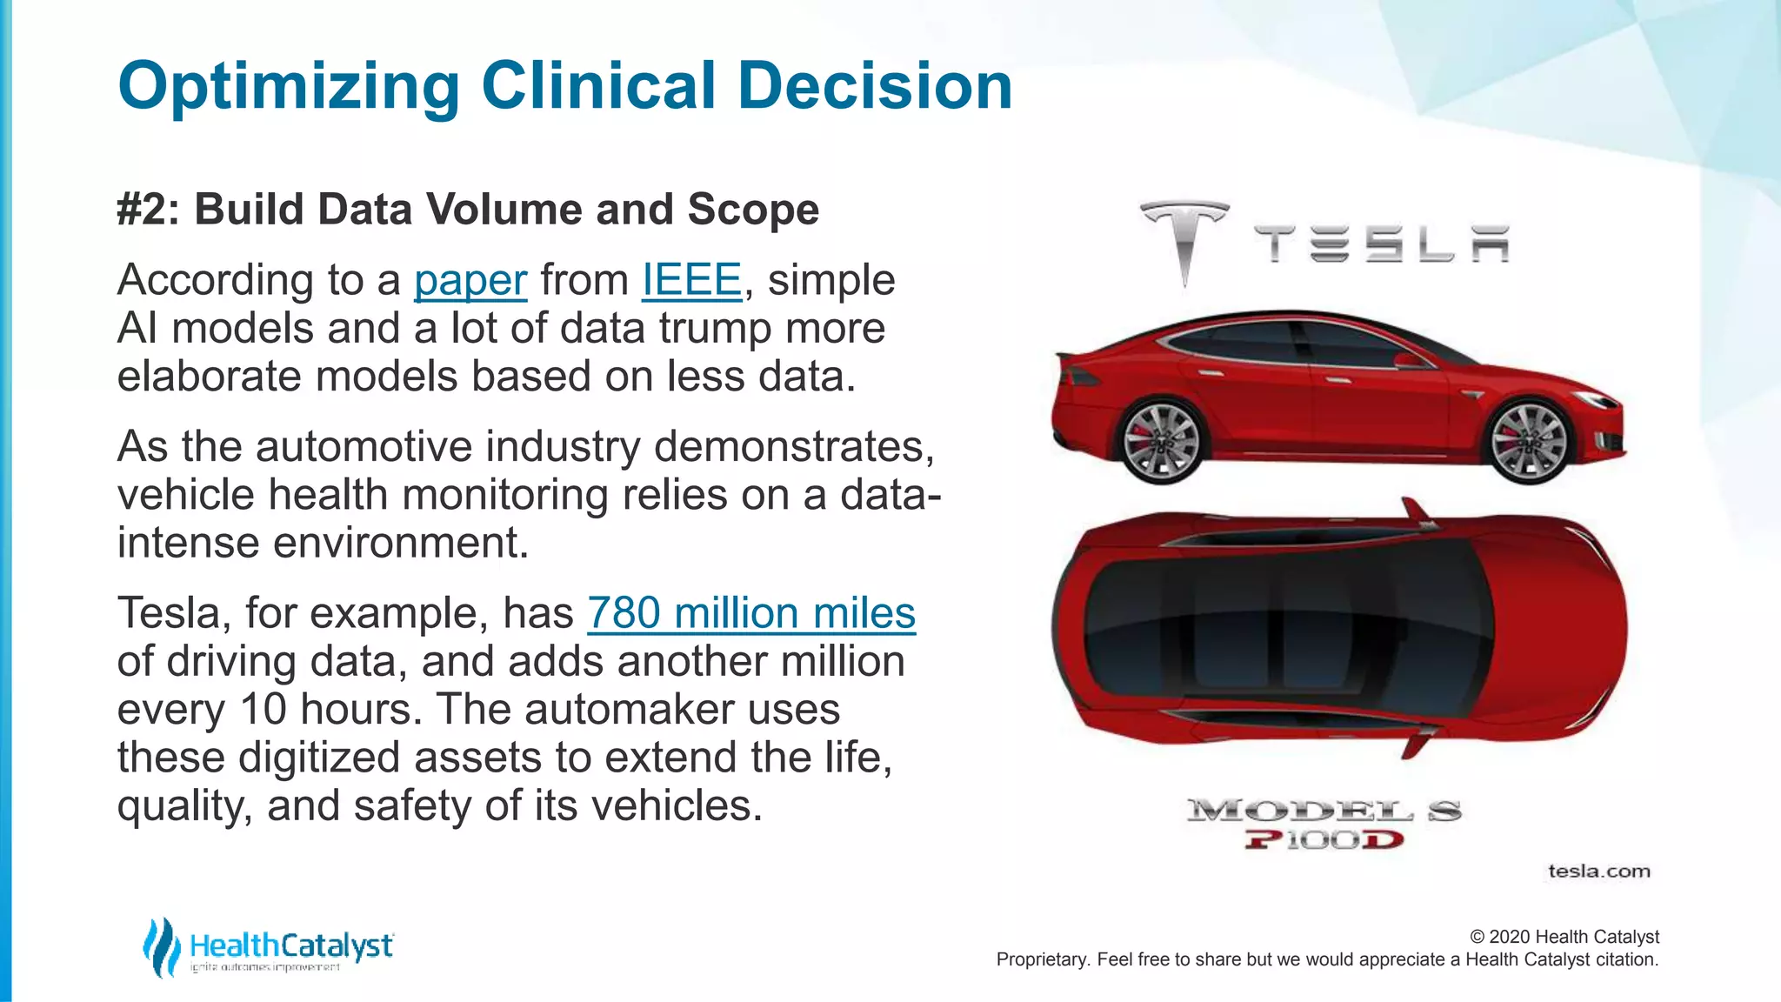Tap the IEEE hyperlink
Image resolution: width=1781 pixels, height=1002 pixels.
pyautogui.click(x=691, y=280)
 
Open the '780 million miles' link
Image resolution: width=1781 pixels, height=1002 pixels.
pyautogui.click(x=751, y=613)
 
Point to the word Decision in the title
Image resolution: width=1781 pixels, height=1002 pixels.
pyautogui.click(x=875, y=87)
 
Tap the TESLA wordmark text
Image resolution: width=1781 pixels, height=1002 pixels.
pyautogui.click(x=1381, y=244)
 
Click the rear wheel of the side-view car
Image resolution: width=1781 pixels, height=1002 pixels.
pyautogui.click(x=1160, y=440)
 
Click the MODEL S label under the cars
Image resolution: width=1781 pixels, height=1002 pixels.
pyautogui.click(x=1324, y=812)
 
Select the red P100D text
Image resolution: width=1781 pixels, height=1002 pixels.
pyautogui.click(x=1324, y=840)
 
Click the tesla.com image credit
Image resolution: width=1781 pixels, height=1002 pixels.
pyautogui.click(x=1598, y=872)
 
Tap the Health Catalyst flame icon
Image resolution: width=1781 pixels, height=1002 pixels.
pyautogui.click(x=162, y=946)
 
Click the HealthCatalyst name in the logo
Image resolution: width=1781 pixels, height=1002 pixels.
pyautogui.click(x=291, y=945)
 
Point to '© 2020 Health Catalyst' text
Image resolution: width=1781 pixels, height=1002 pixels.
pyautogui.click(x=1564, y=937)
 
